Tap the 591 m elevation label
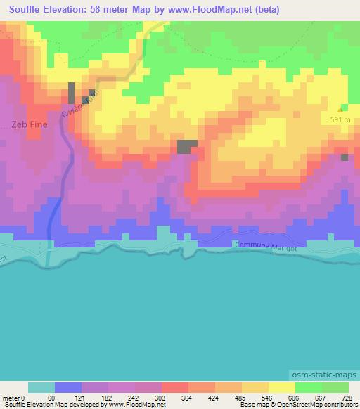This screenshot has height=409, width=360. pos(340,119)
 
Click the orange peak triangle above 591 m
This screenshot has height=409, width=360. pos(342,109)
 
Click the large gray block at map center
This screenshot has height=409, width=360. pos(186,146)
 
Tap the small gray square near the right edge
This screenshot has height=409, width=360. pos(345,157)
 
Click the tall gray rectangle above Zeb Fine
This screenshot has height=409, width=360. pos(72,93)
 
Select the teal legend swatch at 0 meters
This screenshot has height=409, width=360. pos(41,387)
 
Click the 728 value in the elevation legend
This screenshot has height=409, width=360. pos(347,398)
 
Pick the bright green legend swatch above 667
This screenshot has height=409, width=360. pos(309,387)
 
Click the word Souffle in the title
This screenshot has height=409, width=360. pos(24,9)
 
